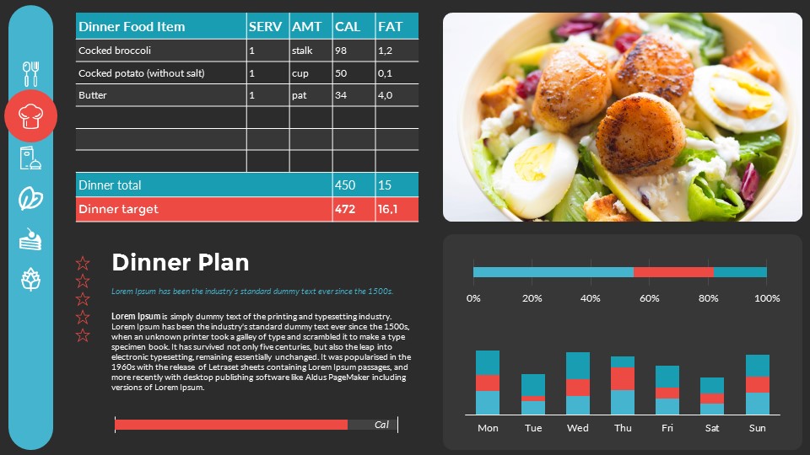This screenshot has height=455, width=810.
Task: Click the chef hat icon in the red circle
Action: click(x=31, y=116)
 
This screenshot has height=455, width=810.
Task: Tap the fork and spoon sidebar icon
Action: click(x=31, y=73)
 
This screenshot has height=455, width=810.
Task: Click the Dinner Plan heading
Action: click(x=180, y=262)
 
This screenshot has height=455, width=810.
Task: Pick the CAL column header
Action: click(x=348, y=27)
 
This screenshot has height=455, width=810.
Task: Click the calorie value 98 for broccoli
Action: click(x=341, y=51)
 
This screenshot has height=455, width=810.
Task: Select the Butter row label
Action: click(x=93, y=95)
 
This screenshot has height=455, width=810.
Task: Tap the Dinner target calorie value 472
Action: click(x=345, y=209)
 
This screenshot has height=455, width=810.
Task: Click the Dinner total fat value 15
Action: click(x=385, y=185)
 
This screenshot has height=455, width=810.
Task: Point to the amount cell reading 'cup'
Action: click(x=300, y=73)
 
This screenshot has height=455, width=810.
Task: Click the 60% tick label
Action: click(x=649, y=298)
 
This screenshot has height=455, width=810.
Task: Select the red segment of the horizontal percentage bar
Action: click(x=673, y=272)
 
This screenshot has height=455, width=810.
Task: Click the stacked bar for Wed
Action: click(x=578, y=383)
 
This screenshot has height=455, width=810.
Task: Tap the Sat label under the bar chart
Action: click(x=712, y=428)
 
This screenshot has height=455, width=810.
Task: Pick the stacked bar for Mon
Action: click(x=488, y=383)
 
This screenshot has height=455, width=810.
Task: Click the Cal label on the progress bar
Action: click(x=381, y=425)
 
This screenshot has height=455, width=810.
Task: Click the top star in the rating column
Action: click(x=83, y=263)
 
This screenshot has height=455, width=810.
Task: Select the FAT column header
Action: click(x=391, y=27)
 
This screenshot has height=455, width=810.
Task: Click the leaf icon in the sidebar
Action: click(x=31, y=198)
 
